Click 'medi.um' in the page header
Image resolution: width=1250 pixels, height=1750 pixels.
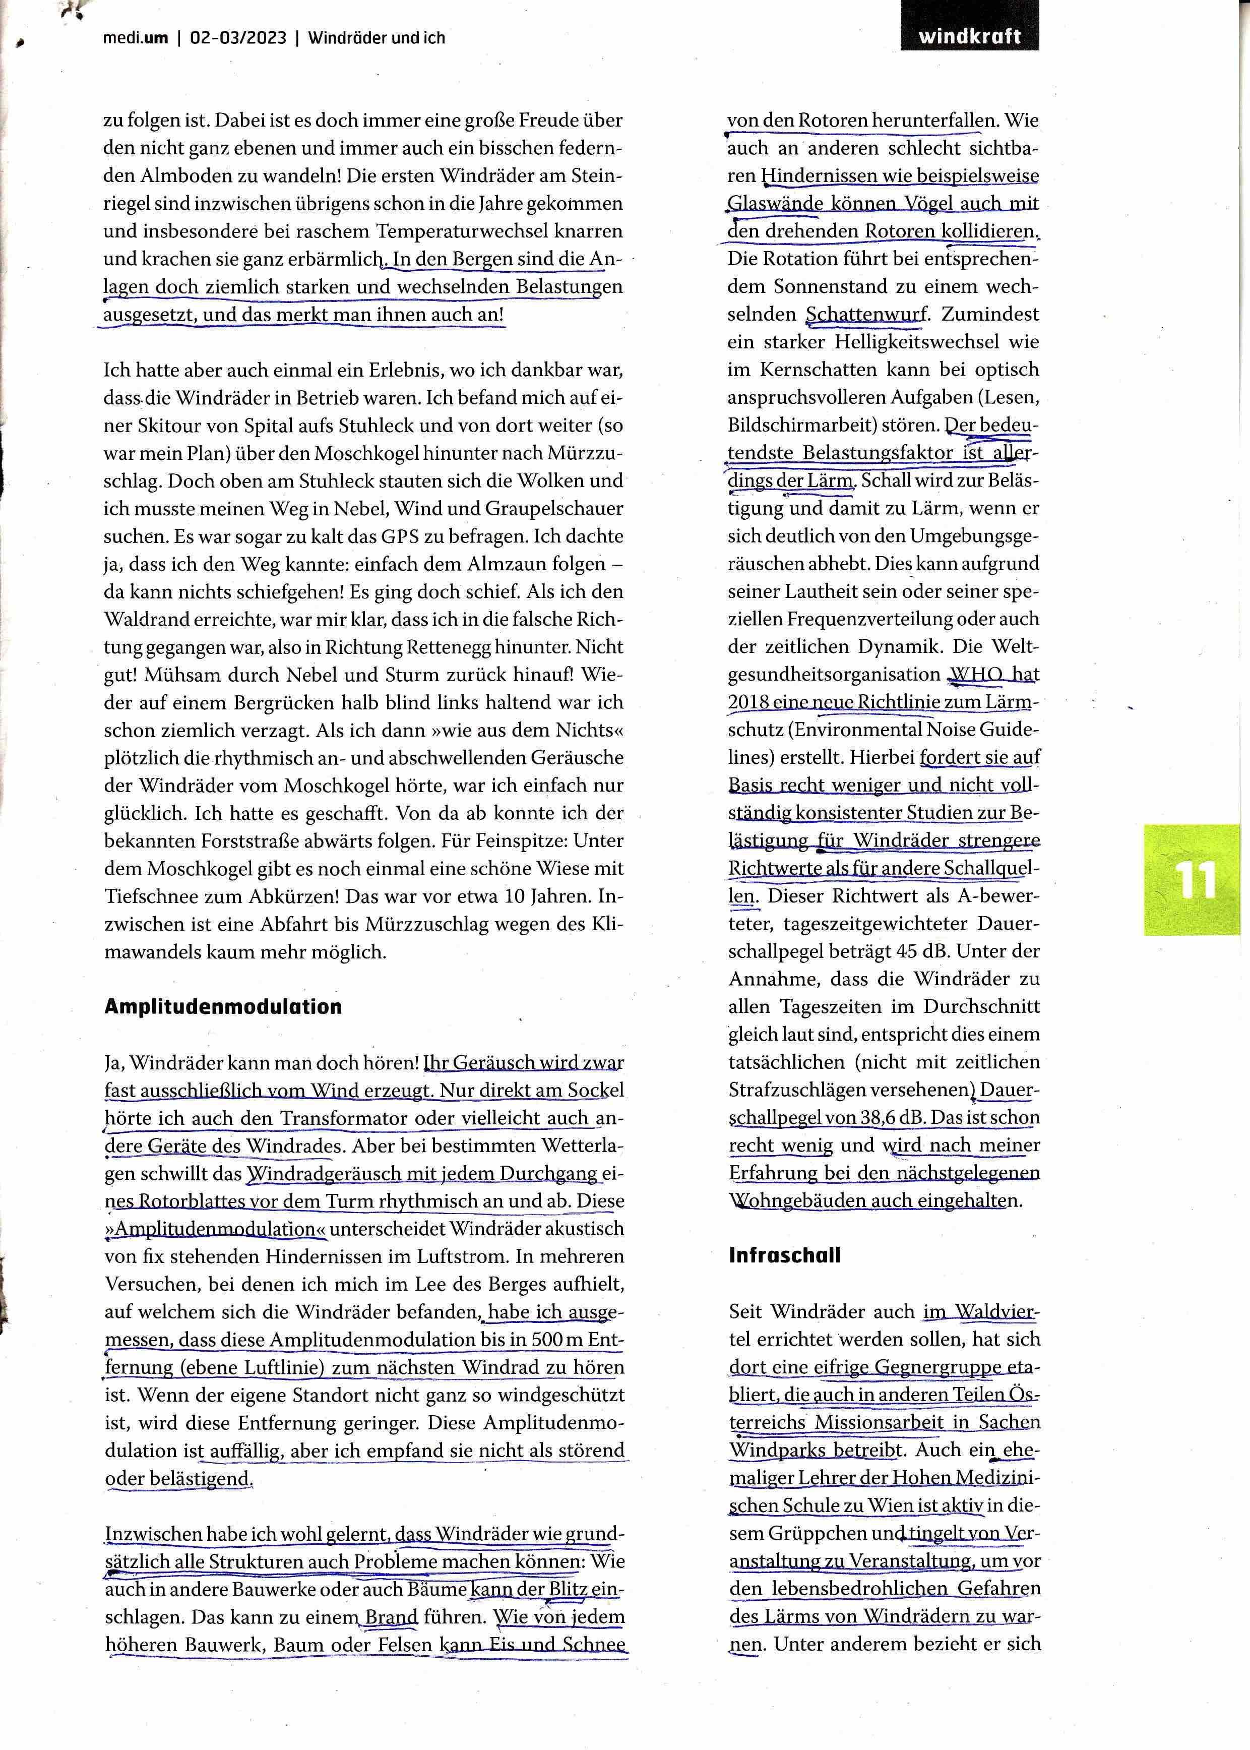136,38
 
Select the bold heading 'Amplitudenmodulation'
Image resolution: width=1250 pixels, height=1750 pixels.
223,1007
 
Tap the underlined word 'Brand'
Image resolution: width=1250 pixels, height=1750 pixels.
391,1617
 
